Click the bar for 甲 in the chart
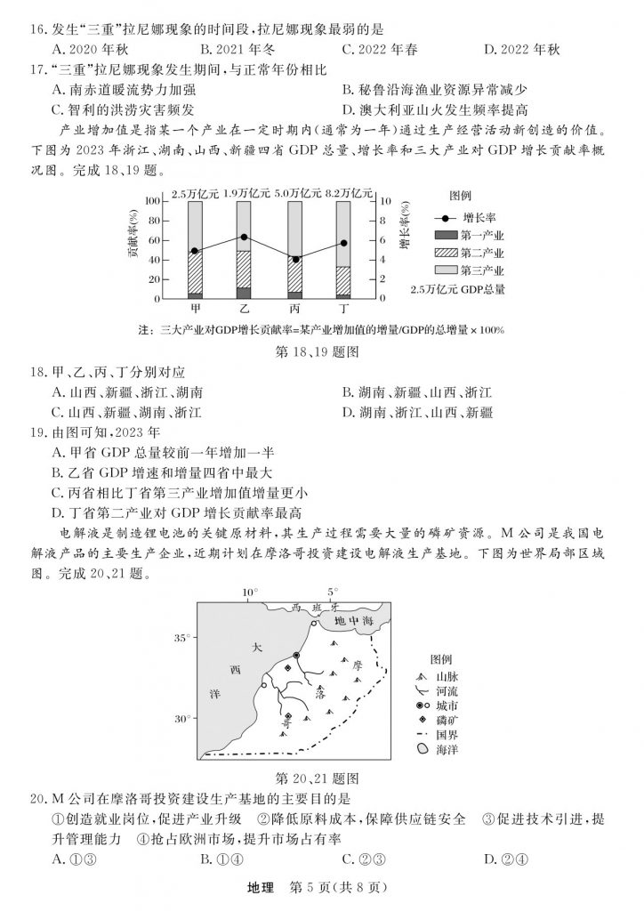[x=195, y=250]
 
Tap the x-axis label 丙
[x=294, y=308]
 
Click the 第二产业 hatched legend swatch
[x=445, y=253]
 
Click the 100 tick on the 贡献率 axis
[x=152, y=202]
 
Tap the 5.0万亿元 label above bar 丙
[x=294, y=191]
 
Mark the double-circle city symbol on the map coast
[x=296, y=657]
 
